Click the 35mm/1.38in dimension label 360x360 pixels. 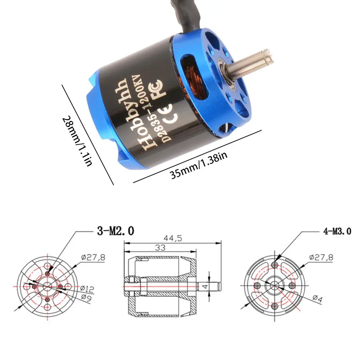click(197, 165)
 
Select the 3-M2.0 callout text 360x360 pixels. click(115, 231)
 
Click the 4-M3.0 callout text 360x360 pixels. click(337, 231)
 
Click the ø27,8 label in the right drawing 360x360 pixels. click(321, 257)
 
